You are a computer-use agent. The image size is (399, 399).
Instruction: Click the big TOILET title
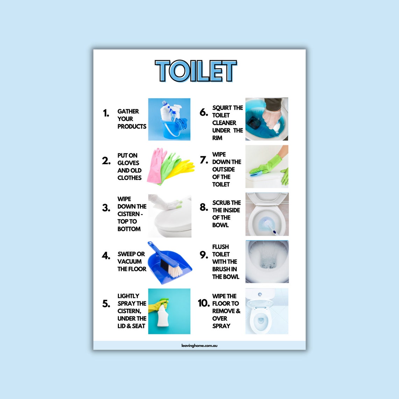point(196,71)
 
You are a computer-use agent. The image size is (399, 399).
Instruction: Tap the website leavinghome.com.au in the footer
point(199,345)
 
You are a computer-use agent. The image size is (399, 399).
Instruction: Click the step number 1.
point(106,113)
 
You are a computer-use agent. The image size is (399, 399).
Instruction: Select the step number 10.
point(203,303)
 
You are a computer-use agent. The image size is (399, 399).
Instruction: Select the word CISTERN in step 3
point(128,214)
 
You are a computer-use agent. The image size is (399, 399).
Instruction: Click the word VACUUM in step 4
point(129,261)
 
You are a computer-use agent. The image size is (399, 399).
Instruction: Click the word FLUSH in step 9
point(220,247)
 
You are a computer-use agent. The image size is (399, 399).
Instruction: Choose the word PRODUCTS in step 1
point(132,126)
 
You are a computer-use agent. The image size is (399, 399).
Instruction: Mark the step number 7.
point(204,160)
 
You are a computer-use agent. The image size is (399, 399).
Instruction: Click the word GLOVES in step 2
point(128,163)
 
